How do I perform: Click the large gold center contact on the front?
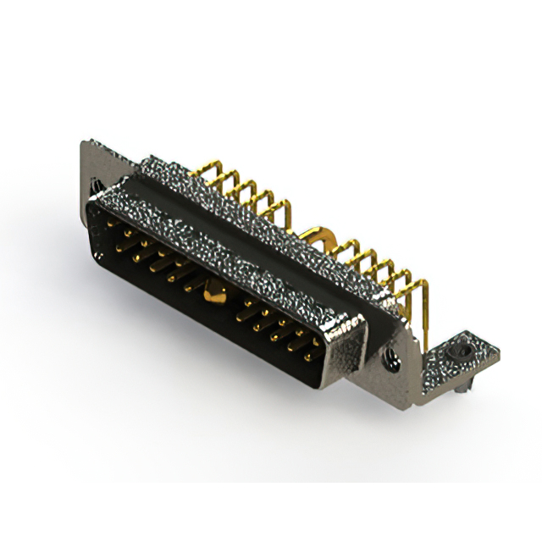pyautogui.click(x=213, y=296)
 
